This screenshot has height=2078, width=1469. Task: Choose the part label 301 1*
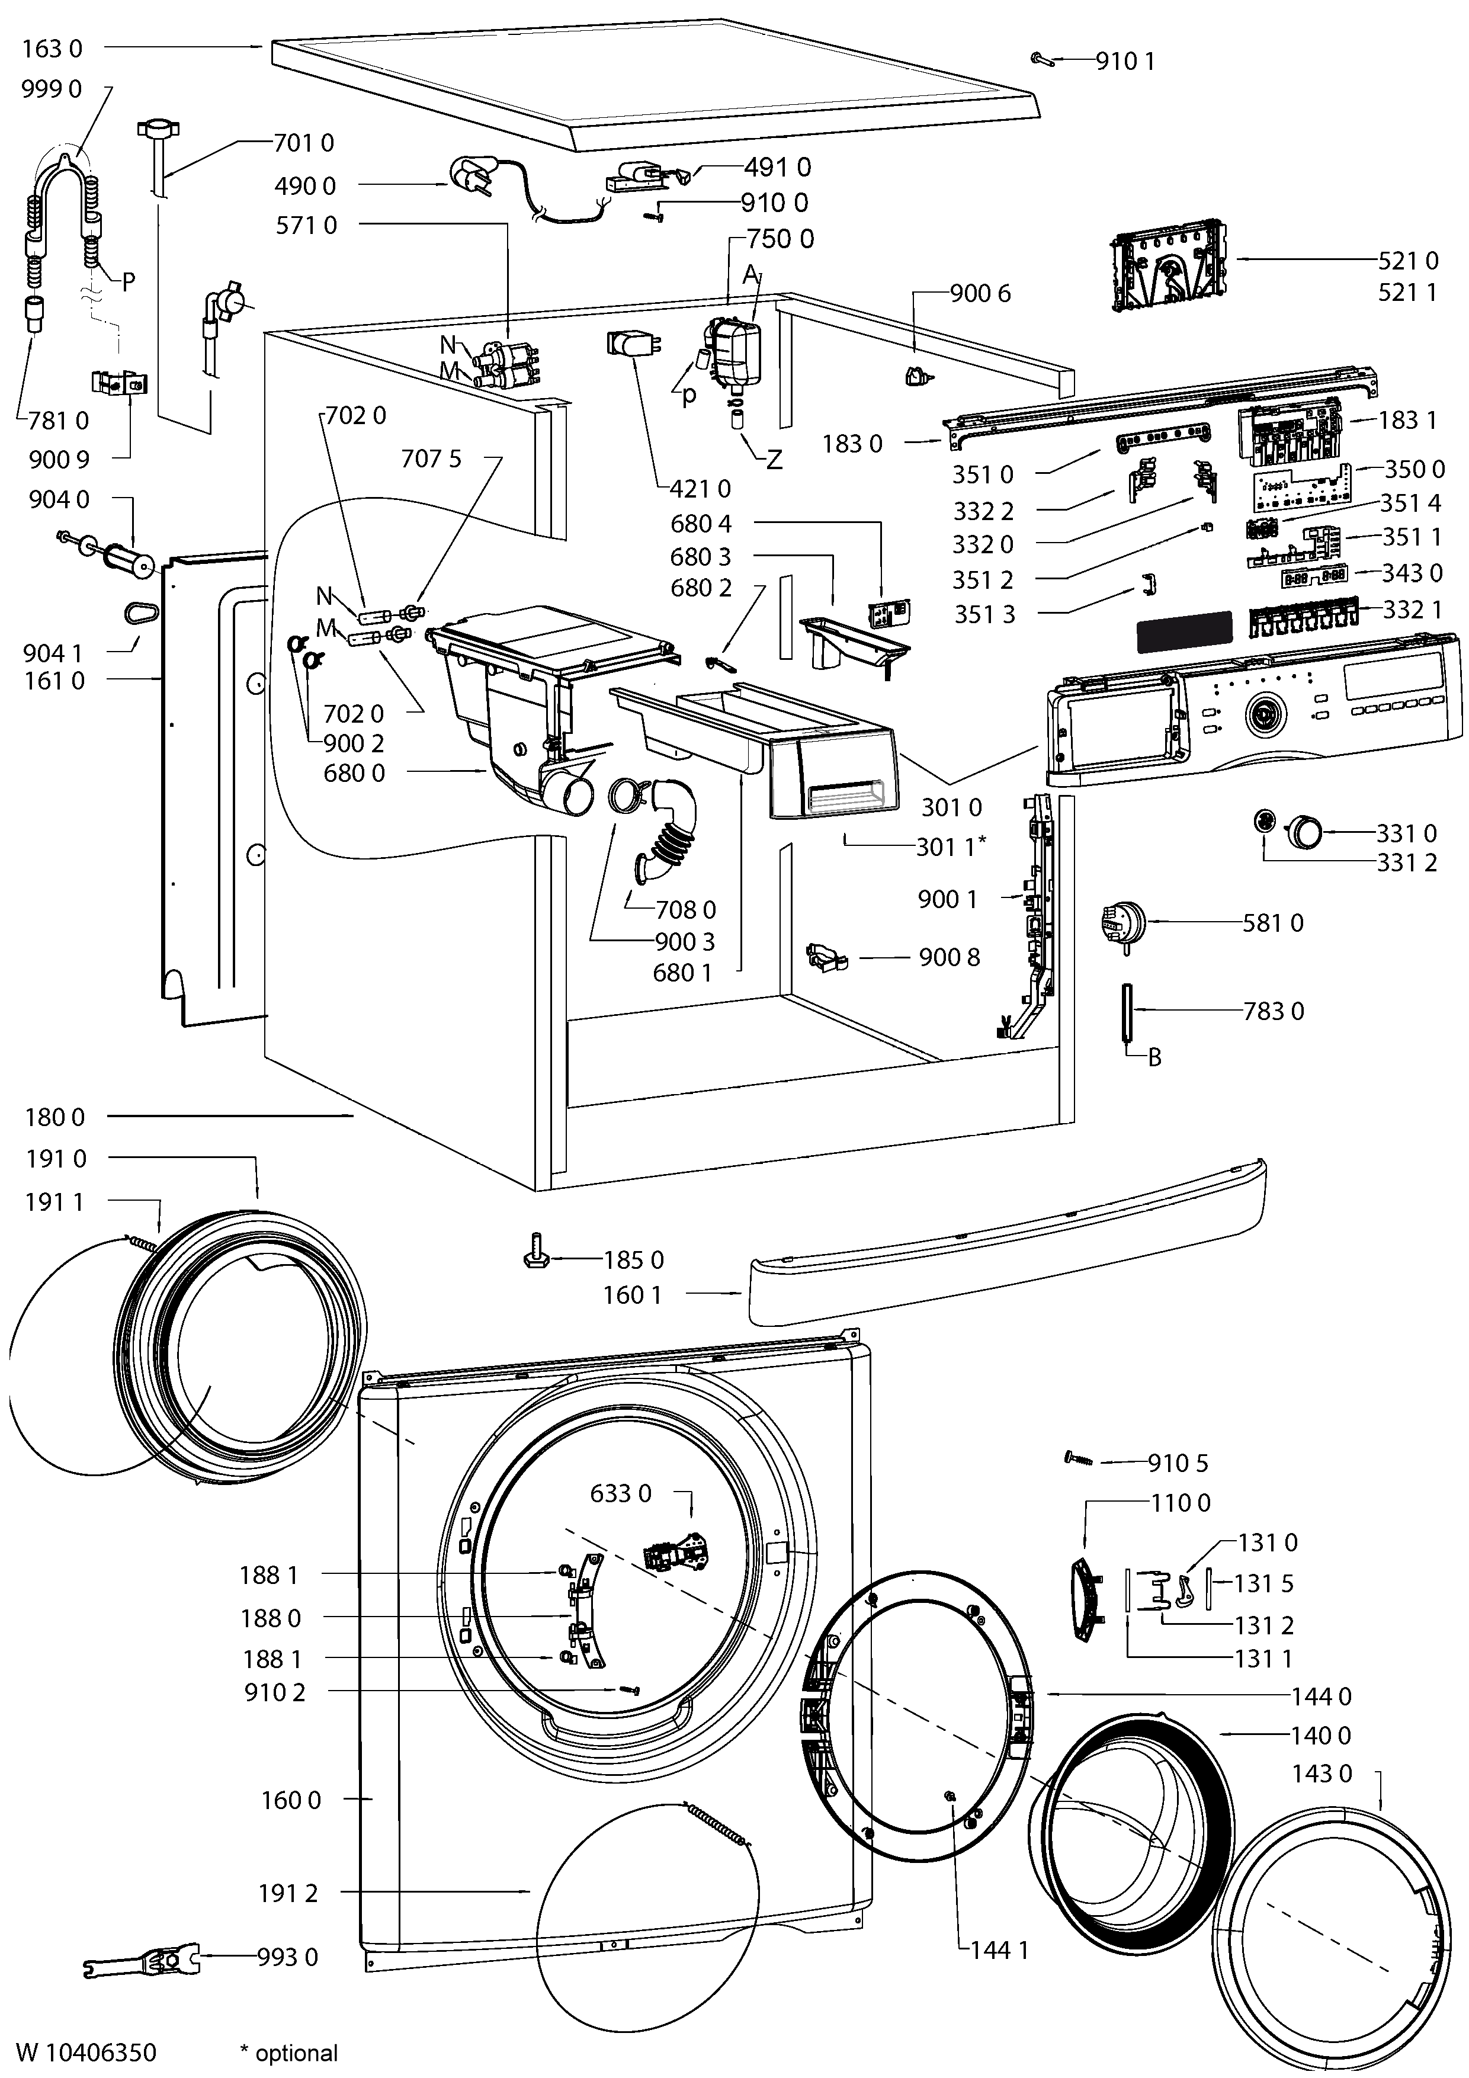(x=950, y=846)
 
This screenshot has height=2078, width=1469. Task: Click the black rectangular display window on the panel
(x=1184, y=631)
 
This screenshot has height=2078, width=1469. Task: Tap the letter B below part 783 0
(x=1154, y=1057)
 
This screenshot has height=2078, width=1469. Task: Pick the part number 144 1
(x=999, y=1951)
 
